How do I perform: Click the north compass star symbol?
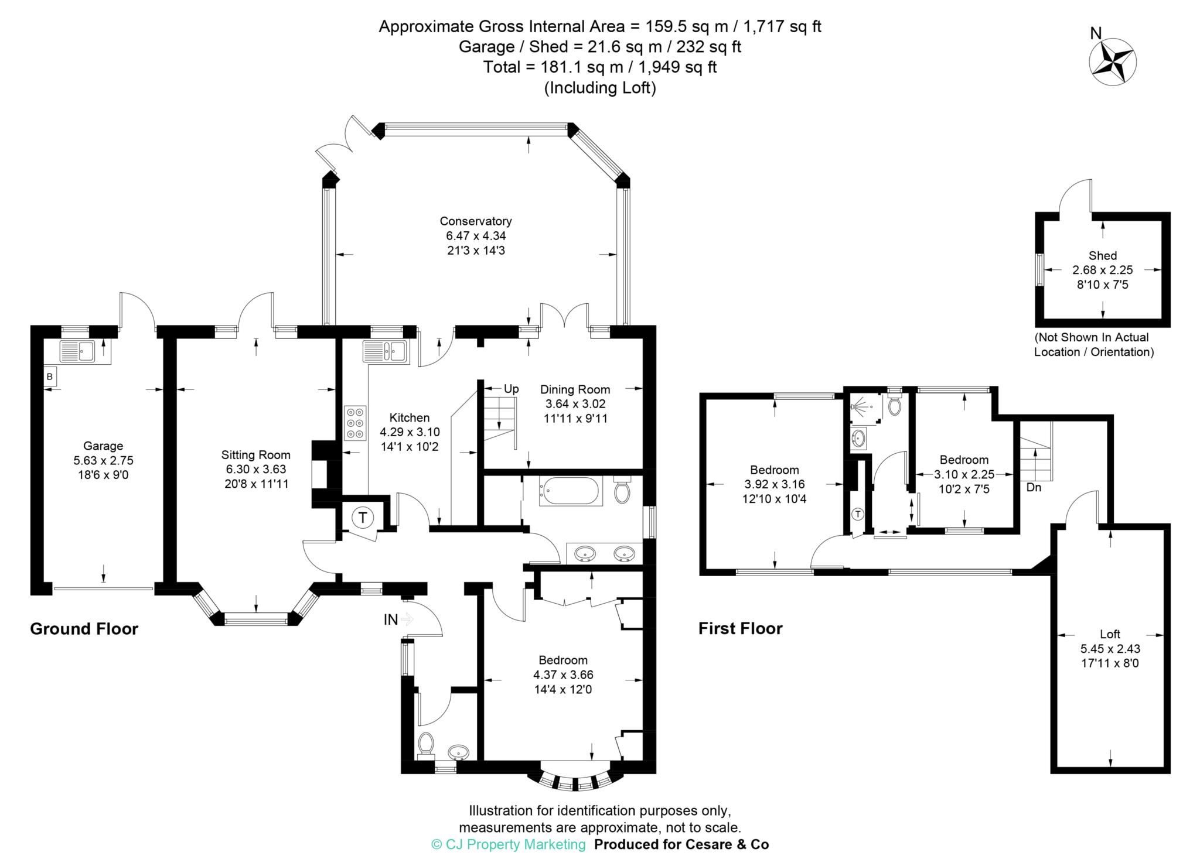pos(1112,63)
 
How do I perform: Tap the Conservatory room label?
pos(475,221)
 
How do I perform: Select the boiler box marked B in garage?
pos(50,377)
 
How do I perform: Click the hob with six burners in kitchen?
pos(355,423)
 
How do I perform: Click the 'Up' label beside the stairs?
pos(511,389)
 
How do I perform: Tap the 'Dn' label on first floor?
pos(1034,487)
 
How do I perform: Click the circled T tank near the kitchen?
pos(363,518)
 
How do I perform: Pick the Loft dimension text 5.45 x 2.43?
pos(1110,649)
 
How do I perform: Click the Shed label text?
pos(1102,256)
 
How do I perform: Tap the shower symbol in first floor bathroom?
pos(863,405)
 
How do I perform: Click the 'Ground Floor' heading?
pos(84,629)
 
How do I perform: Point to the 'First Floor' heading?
pos(740,629)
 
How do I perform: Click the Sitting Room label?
pos(255,455)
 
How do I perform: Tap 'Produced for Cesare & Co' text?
pos(681,844)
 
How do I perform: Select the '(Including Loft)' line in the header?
pos(599,88)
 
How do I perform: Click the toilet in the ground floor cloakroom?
pos(426,744)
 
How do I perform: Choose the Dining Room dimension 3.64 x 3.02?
pos(575,404)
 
